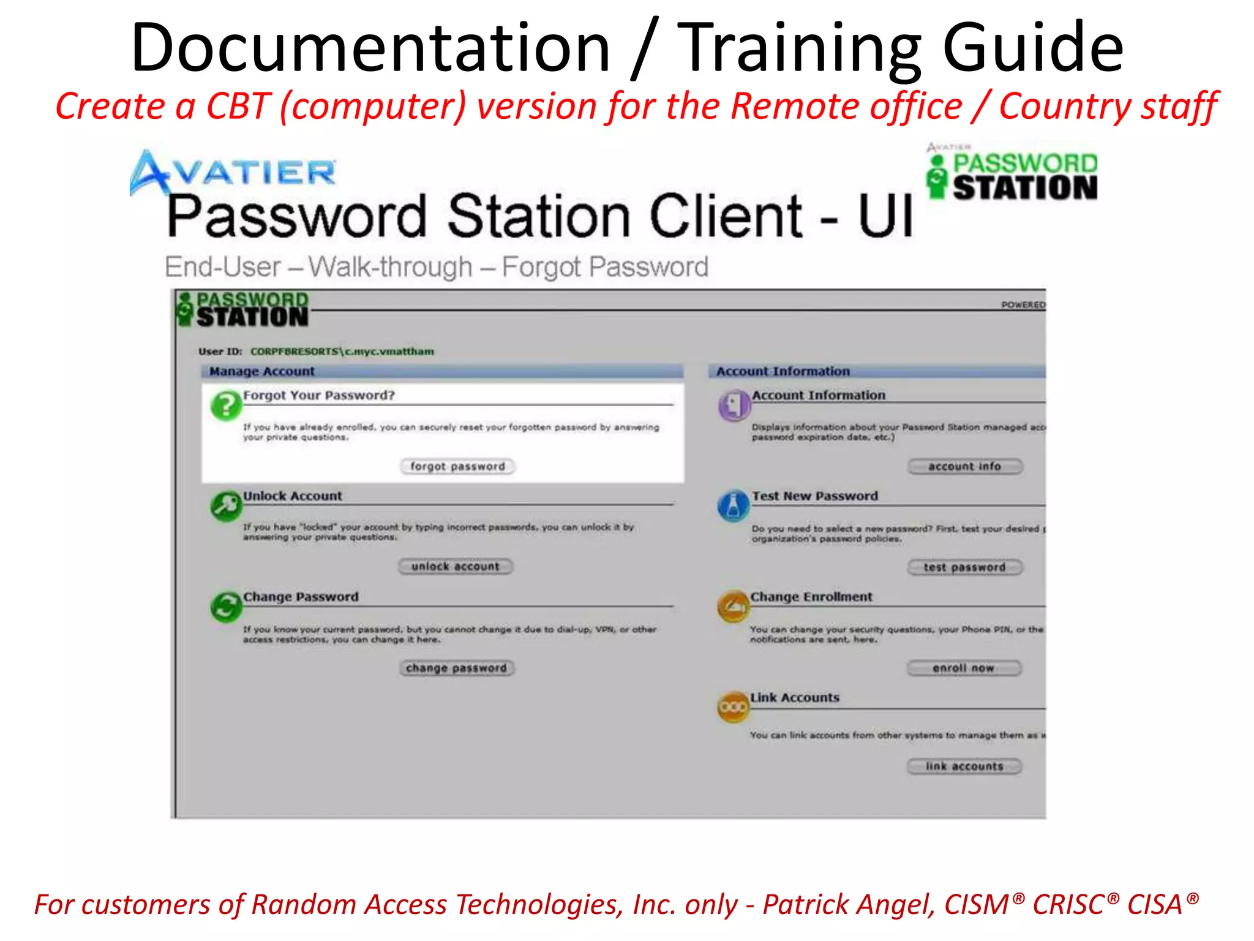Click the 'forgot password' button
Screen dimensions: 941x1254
tap(457, 466)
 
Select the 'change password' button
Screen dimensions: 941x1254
tap(456, 668)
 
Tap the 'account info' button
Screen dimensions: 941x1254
tap(964, 466)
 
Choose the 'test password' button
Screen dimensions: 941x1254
tap(964, 567)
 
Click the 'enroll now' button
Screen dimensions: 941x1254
tap(964, 668)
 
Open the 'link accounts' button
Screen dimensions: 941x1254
tap(964, 766)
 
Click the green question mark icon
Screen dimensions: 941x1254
tap(226, 406)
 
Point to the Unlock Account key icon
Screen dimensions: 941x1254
tap(226, 506)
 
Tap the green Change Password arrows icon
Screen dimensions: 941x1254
tap(226, 607)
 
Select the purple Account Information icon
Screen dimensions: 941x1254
tap(734, 405)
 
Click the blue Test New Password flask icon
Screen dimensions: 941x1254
tap(734, 506)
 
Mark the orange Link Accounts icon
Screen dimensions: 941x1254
tap(733, 708)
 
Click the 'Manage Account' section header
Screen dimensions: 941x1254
tap(261, 371)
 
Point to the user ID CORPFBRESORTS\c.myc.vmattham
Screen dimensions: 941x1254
tap(342, 352)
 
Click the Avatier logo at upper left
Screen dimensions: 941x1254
tap(233, 172)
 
